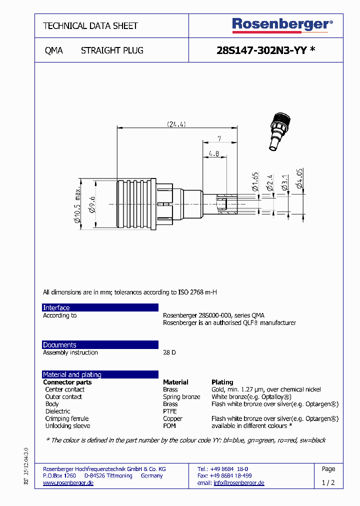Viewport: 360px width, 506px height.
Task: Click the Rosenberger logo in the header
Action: coord(282,25)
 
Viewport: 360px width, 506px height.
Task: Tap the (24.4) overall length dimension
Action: coord(176,124)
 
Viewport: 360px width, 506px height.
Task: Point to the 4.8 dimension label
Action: coord(213,154)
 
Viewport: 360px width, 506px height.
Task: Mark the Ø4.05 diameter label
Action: coord(299,178)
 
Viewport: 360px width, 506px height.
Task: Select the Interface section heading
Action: coord(56,308)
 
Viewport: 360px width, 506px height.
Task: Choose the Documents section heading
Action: coord(59,345)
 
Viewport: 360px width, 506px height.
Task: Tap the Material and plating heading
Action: coord(72,374)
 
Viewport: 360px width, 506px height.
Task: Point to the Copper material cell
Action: coord(172,419)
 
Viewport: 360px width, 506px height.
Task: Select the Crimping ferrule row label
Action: coord(67,419)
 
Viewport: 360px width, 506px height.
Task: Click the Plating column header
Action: coord(222,382)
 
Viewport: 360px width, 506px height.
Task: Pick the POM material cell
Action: coord(169,426)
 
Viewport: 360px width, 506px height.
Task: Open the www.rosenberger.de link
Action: coord(68,483)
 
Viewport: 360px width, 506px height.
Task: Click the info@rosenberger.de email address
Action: coord(239,483)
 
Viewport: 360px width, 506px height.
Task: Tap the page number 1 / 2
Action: coord(328,483)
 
